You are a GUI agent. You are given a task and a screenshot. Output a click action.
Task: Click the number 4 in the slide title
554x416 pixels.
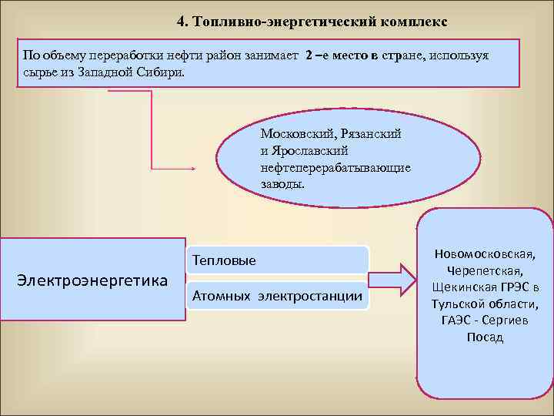182,21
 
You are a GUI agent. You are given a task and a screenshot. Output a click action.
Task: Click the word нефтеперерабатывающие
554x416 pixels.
335,167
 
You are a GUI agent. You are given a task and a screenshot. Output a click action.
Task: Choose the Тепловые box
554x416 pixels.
224,260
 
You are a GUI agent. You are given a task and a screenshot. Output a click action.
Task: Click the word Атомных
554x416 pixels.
222,295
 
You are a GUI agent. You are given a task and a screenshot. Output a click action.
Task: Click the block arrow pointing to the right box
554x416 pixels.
393,278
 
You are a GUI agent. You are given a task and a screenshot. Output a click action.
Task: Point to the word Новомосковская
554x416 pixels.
485,253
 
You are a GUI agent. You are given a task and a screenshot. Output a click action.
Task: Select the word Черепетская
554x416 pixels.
485,270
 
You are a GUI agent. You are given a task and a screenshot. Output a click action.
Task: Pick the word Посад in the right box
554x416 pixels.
485,337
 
